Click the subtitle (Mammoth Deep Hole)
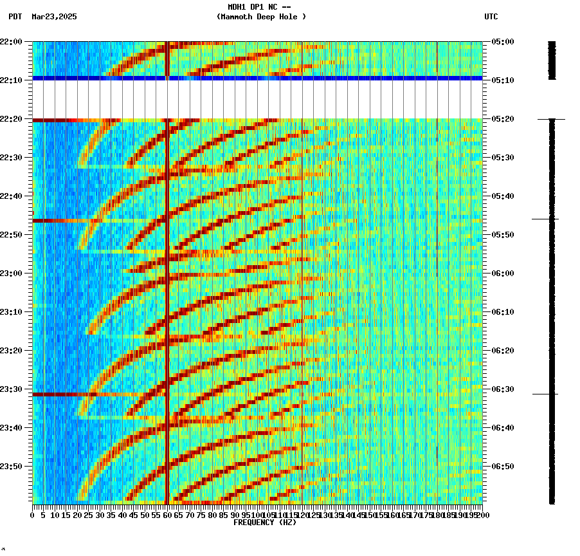(261, 17)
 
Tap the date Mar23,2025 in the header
(54, 17)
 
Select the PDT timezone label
(15, 17)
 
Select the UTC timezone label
(491, 17)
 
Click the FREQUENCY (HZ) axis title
(264, 523)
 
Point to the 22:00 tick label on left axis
(11, 42)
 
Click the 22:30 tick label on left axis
(11, 158)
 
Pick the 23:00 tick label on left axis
(11, 273)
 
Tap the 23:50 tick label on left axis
(11, 467)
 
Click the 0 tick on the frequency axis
(33, 515)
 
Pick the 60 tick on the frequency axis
(167, 515)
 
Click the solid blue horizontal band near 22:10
(257, 78)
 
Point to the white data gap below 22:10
(257, 100)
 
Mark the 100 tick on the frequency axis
(257, 515)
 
